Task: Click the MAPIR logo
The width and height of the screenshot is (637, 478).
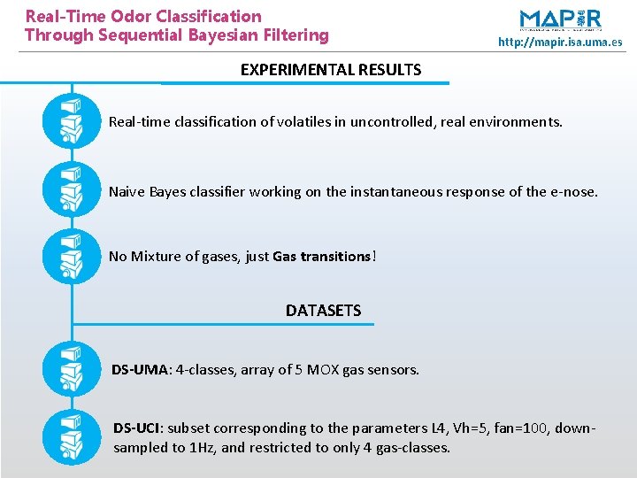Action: coord(560,19)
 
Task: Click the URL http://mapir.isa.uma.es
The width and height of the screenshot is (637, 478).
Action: coord(559,42)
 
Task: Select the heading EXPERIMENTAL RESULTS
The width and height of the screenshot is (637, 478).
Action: coord(330,69)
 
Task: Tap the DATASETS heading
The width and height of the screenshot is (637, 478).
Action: coord(323,311)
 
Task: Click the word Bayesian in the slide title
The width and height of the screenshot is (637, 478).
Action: coord(226,35)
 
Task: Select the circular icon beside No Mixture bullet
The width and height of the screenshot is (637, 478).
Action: coord(72,256)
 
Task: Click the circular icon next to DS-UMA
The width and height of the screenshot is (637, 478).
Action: coord(72,369)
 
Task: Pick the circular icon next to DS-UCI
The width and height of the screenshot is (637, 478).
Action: coord(72,437)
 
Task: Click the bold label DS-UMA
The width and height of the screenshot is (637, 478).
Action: coord(140,369)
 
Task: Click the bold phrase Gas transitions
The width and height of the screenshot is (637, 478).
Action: coord(322,257)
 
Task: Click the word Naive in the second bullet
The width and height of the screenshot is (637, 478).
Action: coord(127,191)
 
